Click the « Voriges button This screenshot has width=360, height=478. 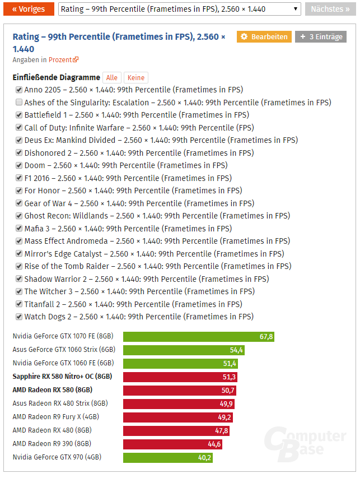29,9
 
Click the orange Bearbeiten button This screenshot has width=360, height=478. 264,37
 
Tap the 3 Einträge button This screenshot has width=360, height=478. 321,37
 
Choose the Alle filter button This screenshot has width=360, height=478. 112,78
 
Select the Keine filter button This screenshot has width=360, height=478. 136,78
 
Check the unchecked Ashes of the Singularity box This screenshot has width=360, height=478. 19,103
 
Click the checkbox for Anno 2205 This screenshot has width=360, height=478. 19,90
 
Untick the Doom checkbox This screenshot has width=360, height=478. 19,165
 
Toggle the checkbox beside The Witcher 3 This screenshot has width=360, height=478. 19,291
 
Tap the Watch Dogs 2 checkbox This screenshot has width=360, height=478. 19,317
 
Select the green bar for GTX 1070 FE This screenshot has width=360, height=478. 198,336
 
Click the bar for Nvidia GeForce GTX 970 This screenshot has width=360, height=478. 168,457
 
